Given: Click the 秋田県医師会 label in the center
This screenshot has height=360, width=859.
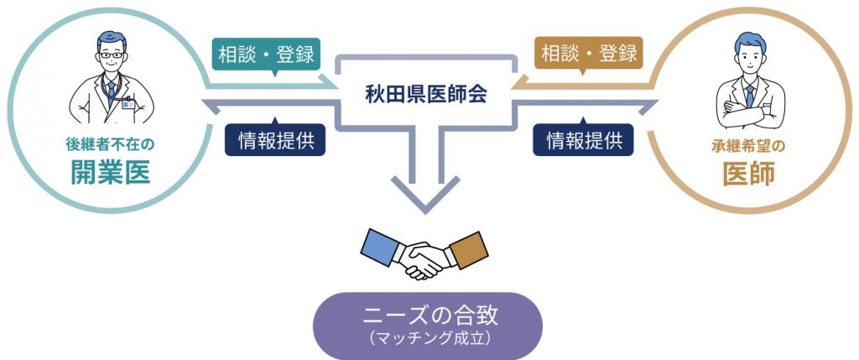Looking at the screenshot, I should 426,94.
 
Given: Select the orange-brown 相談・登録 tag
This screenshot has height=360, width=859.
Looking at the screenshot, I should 589,55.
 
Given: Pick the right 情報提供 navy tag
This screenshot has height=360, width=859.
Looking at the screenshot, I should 584,140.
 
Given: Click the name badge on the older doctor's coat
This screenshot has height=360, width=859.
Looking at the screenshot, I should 127,105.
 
